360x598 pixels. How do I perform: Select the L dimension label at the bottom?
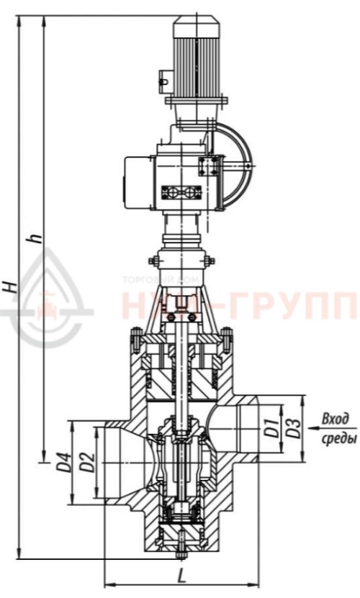182,576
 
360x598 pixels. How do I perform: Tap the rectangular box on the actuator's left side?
138,184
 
